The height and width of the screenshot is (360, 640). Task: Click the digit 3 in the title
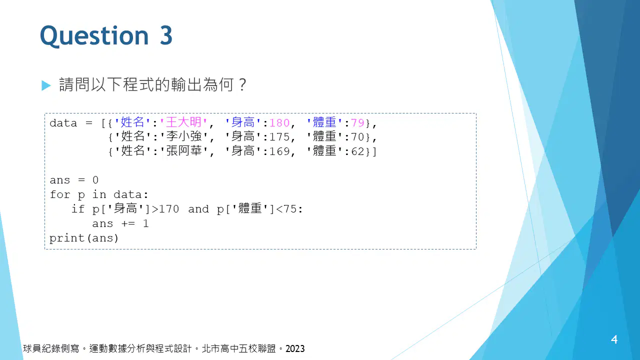pyautogui.click(x=166, y=35)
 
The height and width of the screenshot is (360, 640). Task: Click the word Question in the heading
pyautogui.click(x=94, y=36)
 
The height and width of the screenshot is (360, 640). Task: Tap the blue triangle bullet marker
pyautogui.click(x=46, y=85)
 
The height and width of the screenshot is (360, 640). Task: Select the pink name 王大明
pyautogui.click(x=183, y=122)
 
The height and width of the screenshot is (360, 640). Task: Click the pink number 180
pyautogui.click(x=279, y=123)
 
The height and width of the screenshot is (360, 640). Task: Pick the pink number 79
pyautogui.click(x=357, y=123)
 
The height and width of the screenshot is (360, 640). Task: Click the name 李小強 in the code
pyautogui.click(x=183, y=136)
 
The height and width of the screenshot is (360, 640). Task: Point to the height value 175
pyautogui.click(x=279, y=137)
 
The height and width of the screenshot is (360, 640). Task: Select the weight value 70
pyautogui.click(x=357, y=137)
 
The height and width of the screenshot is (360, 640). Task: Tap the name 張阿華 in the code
pyautogui.click(x=183, y=151)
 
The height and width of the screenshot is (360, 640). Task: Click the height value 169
pyautogui.click(x=279, y=151)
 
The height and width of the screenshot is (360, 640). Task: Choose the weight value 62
pyautogui.click(x=357, y=151)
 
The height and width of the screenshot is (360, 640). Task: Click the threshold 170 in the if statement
pyautogui.click(x=169, y=209)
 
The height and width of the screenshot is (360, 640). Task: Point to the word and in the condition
pyautogui.click(x=198, y=209)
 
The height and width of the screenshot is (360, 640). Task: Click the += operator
pyautogui.click(x=128, y=223)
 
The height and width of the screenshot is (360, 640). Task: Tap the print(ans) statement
pyautogui.click(x=84, y=238)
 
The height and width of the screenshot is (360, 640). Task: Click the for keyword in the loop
pyautogui.click(x=59, y=194)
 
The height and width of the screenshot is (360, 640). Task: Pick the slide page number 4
pyautogui.click(x=614, y=339)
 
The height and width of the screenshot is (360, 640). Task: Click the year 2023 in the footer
pyautogui.click(x=295, y=349)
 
